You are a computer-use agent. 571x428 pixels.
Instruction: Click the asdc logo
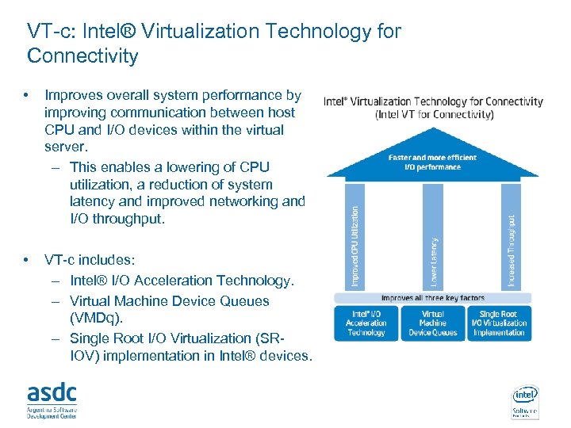pyautogui.click(x=52, y=399)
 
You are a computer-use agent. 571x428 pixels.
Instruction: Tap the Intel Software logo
pyautogui.click(x=524, y=401)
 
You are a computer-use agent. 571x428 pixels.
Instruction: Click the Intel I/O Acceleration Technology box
pyautogui.click(x=366, y=323)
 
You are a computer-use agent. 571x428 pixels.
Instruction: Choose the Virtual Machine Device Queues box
pyautogui.click(x=433, y=323)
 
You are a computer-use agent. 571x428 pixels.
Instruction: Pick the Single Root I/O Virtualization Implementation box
pyautogui.click(x=499, y=323)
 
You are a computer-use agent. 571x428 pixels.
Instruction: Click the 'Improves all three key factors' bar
pyautogui.click(x=433, y=298)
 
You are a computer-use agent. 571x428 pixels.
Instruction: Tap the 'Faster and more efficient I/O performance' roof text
pyautogui.click(x=433, y=162)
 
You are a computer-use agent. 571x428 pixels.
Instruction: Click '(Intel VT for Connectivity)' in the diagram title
pyautogui.click(x=434, y=114)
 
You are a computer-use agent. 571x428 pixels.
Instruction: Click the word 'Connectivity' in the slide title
pyautogui.click(x=82, y=56)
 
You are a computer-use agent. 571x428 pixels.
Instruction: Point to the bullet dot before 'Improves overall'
pyautogui.click(x=28, y=96)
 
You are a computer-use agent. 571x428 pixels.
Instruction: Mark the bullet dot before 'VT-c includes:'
pyautogui.click(x=28, y=260)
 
